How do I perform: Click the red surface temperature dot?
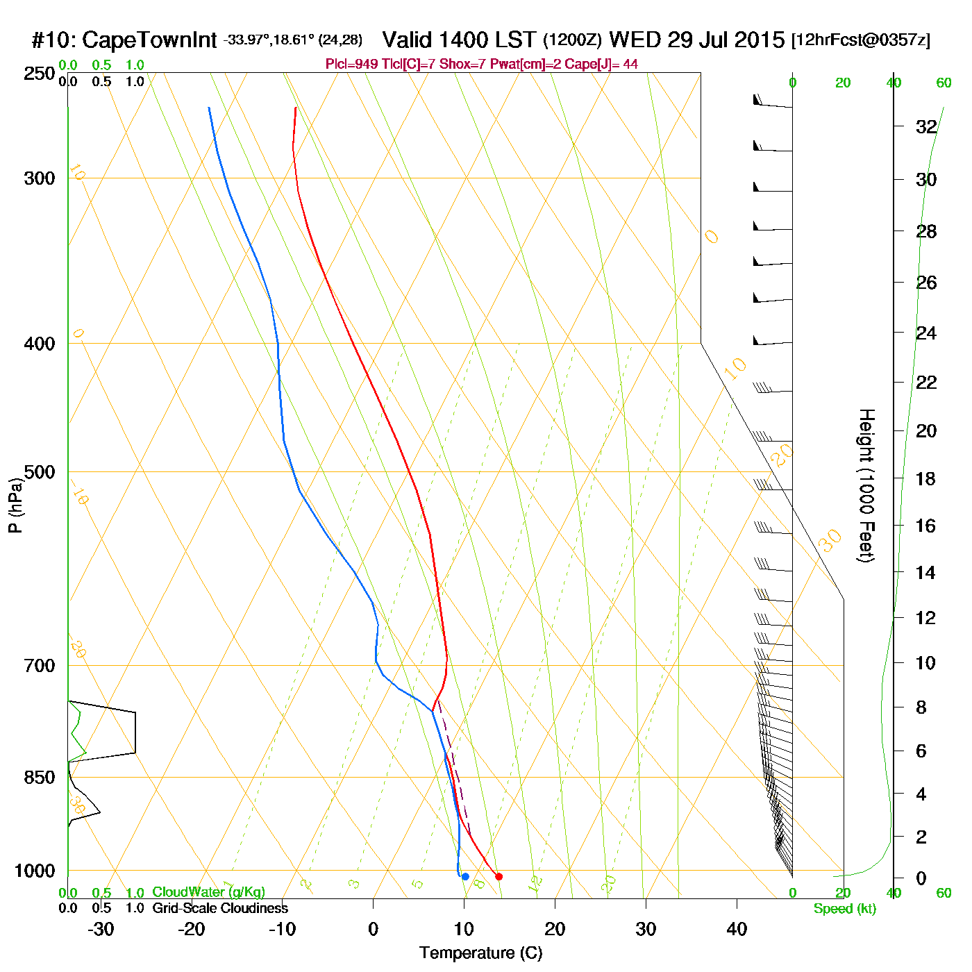pos(498,876)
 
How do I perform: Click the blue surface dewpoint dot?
pos(465,876)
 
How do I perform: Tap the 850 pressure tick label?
pos(40,778)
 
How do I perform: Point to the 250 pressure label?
pos(40,74)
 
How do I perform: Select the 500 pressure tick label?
pos(40,472)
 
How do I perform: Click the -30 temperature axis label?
pos(101,929)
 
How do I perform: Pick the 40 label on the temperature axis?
pos(737,929)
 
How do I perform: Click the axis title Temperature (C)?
pos(480,953)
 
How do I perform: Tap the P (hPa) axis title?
pos(15,505)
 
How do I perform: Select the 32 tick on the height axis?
pos(926,127)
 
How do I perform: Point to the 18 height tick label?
pos(926,478)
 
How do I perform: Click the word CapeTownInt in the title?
pos(149,40)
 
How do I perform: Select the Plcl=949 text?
pos(352,65)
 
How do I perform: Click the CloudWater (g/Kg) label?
pos(208,892)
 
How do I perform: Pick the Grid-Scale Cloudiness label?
pos(220,908)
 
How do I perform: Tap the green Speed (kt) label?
pos(844,909)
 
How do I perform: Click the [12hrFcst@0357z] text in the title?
pos(860,40)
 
